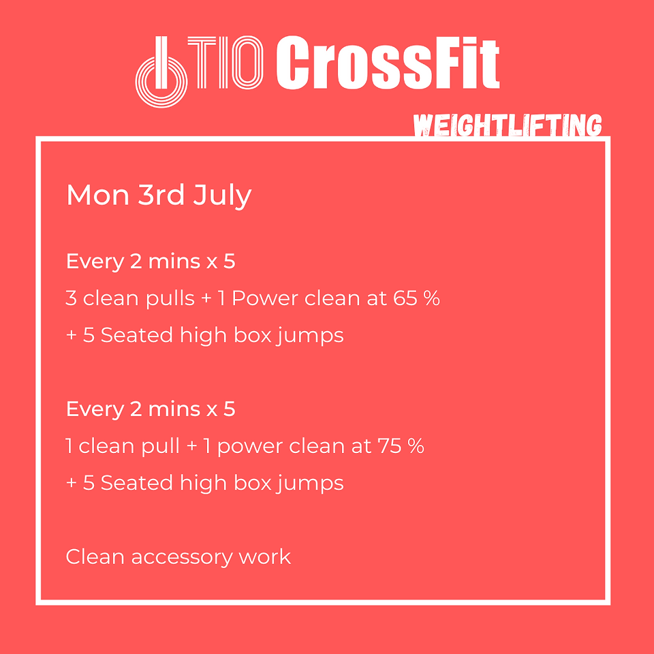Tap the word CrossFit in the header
tap(388, 63)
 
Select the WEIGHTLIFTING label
tap(507, 125)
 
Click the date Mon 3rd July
tap(159, 195)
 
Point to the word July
tap(222, 196)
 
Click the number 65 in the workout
tap(405, 298)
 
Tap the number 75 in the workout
tap(390, 446)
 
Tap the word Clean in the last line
tap(95, 557)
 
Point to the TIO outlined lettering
tap(225, 63)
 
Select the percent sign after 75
tap(416, 446)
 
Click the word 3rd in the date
tap(161, 194)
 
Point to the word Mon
tap(98, 195)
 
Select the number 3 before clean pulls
tap(71, 298)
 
